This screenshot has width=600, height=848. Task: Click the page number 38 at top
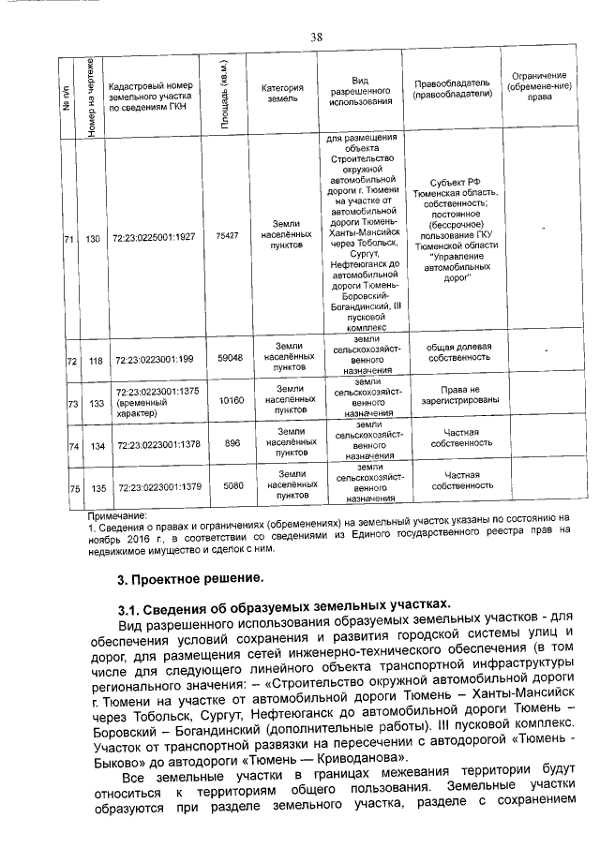click(316, 37)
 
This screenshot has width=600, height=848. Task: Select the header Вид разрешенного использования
click(361, 93)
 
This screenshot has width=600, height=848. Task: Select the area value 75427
click(227, 236)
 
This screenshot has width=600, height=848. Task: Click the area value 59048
click(230, 358)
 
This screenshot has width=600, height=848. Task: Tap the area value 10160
click(230, 400)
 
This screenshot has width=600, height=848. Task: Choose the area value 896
click(232, 443)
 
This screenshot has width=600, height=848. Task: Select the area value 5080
click(232, 485)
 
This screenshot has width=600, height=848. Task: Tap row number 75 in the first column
click(72, 487)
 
